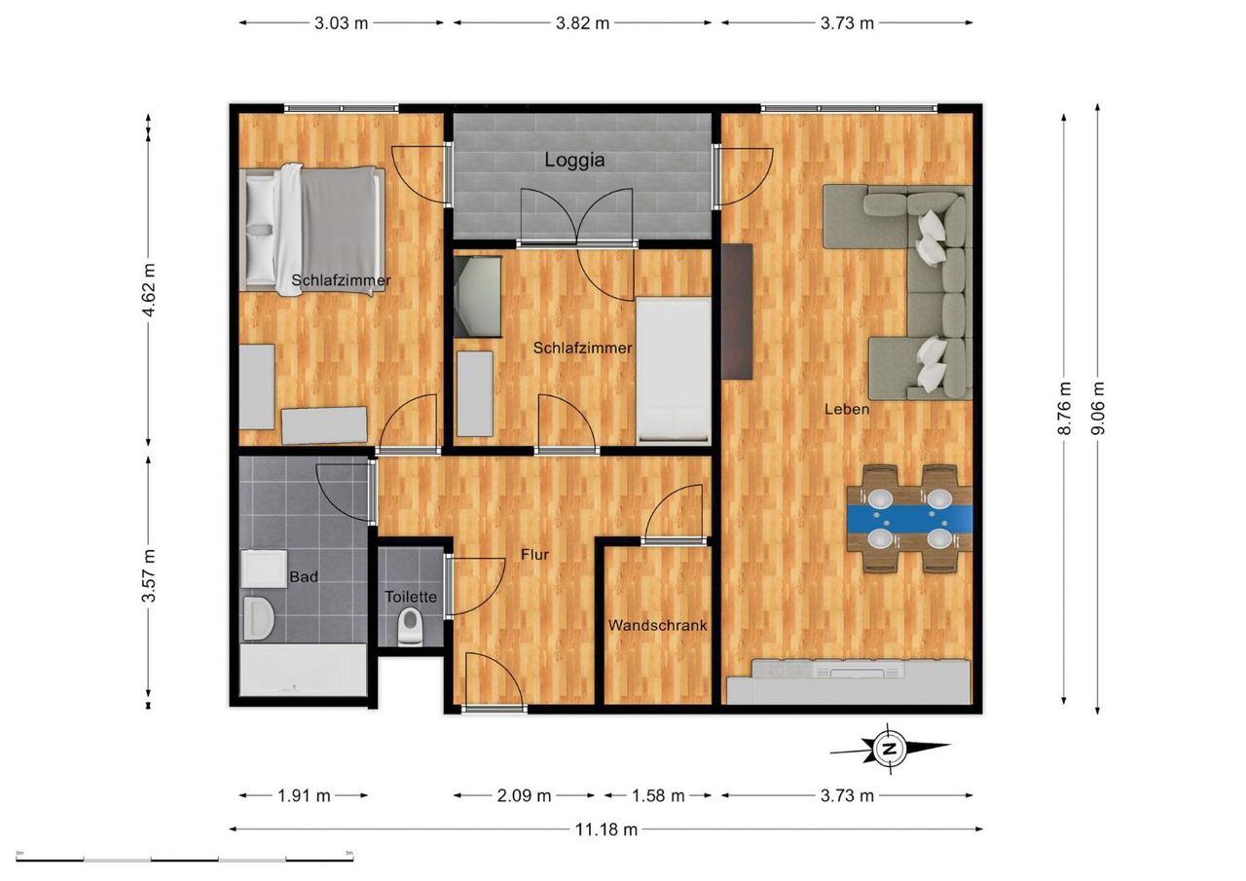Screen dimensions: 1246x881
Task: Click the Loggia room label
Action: click(574, 161)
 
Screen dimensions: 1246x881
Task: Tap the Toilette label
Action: click(411, 597)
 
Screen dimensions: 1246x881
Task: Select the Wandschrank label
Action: click(657, 625)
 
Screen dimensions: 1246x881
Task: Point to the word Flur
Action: click(534, 555)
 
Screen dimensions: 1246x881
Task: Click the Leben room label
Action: click(847, 410)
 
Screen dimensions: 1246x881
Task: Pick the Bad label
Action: click(304, 576)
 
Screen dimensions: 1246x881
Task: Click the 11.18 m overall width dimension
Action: click(605, 829)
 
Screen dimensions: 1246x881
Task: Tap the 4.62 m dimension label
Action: click(149, 289)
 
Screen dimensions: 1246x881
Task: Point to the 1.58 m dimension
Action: click(657, 796)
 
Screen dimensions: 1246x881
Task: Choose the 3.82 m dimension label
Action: click(582, 23)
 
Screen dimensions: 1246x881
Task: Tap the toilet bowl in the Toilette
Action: click(410, 626)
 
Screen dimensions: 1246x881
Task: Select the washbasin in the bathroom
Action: click(259, 618)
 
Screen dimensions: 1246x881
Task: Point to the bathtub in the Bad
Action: click(303, 670)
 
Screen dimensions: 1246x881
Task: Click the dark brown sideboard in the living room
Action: click(737, 312)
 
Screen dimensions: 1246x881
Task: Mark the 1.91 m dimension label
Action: click(304, 796)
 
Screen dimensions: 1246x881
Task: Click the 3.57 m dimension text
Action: click(149, 575)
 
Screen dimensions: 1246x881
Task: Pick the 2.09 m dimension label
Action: click(524, 796)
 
